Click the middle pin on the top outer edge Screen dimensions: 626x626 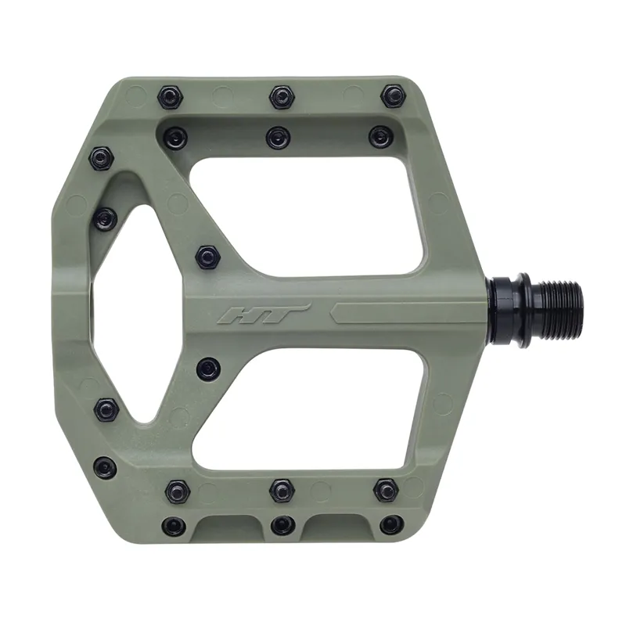click(x=281, y=97)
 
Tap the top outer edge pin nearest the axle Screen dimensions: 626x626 click(x=393, y=97)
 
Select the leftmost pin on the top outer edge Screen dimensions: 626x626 click(x=168, y=97)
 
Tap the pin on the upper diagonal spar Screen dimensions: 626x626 click(x=207, y=256)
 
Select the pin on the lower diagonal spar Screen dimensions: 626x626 click(x=207, y=369)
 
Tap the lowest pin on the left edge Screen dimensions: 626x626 click(x=104, y=468)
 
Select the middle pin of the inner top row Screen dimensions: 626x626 click(x=278, y=138)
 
